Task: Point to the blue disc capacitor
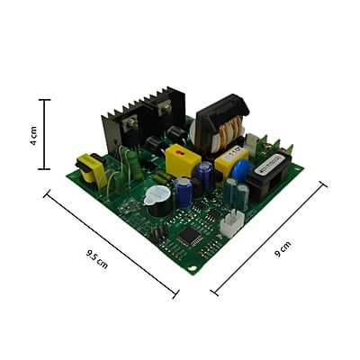click(240, 171)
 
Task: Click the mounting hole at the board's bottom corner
click(191, 267)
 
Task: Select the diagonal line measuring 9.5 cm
click(111, 242)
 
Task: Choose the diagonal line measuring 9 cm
click(268, 238)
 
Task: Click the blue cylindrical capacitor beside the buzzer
click(184, 193)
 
